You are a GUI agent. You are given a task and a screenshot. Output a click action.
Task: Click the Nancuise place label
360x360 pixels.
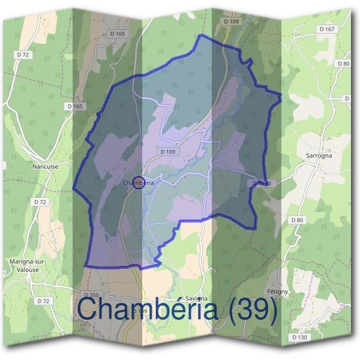click(x=46, y=166)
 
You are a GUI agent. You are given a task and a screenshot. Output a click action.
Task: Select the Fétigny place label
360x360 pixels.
click(x=278, y=291)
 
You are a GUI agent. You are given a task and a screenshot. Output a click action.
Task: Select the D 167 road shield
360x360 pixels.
click(x=327, y=29)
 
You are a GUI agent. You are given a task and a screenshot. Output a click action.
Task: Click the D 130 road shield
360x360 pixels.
click(x=300, y=338)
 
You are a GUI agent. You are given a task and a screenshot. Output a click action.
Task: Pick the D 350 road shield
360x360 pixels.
click(x=92, y=295)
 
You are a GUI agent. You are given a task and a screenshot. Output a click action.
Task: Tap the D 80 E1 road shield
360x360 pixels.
click(x=262, y=182)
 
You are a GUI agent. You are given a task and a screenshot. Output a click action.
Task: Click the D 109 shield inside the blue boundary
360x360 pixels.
click(x=168, y=152)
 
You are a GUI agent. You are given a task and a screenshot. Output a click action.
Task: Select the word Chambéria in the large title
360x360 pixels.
click(x=147, y=311)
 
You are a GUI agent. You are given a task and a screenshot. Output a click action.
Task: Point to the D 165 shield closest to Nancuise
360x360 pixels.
click(x=75, y=106)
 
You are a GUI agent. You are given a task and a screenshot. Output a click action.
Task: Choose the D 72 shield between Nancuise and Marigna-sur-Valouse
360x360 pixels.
click(x=40, y=202)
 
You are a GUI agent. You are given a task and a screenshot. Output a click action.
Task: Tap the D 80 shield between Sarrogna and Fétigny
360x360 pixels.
click(x=298, y=220)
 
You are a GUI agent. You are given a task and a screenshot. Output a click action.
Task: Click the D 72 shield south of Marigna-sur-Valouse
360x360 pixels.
click(x=42, y=300)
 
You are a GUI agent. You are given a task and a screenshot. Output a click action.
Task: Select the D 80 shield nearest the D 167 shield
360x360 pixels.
click(x=343, y=63)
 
